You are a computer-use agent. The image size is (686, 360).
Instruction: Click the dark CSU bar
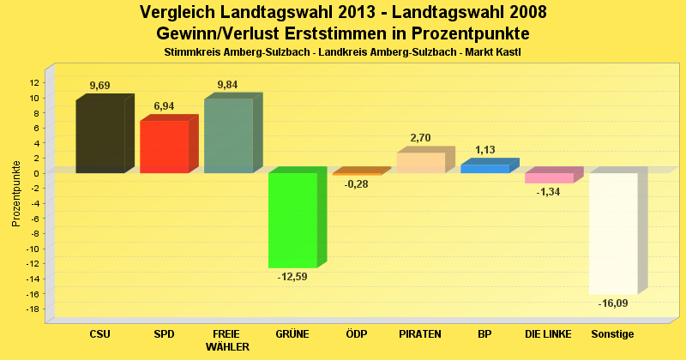(x=100, y=135)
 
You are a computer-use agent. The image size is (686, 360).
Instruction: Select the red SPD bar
(x=164, y=147)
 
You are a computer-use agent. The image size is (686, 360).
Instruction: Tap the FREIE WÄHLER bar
(x=228, y=135)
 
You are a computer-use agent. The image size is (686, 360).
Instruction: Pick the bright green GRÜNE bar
(x=292, y=220)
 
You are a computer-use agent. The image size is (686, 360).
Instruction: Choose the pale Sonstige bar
(x=613, y=233)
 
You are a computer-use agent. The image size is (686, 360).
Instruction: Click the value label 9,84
(x=228, y=84)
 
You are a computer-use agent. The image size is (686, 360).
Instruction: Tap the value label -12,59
(x=292, y=277)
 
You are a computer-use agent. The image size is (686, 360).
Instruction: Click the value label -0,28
(x=356, y=184)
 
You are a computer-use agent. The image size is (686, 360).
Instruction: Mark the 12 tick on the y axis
(x=34, y=83)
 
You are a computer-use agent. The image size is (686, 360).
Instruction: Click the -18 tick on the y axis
(x=33, y=309)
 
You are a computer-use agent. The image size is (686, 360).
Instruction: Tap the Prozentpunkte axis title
(x=16, y=193)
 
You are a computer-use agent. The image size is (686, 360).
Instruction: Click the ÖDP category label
(x=356, y=333)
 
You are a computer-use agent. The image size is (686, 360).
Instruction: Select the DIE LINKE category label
(x=549, y=333)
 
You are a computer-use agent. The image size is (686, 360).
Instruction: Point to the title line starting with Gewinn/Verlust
(x=343, y=33)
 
